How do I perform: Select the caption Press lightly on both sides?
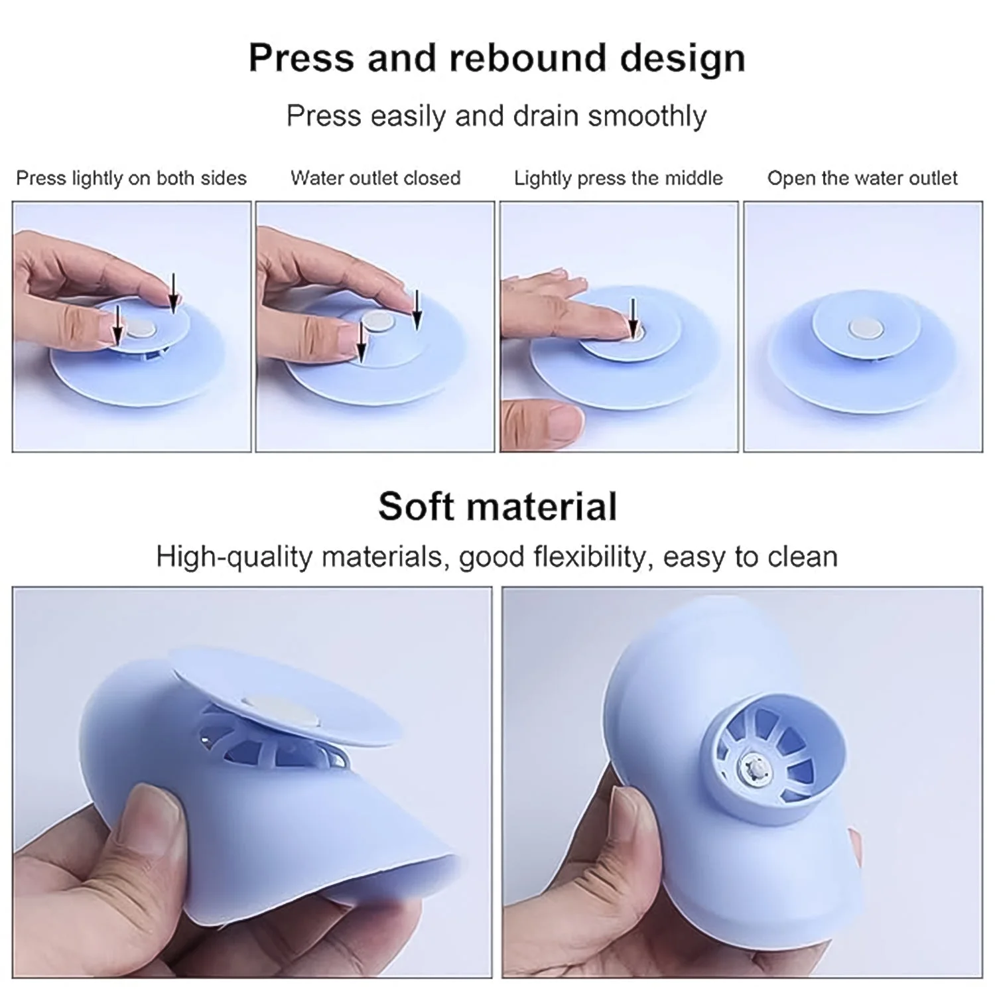[x=131, y=178]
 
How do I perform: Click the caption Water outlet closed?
[x=375, y=178]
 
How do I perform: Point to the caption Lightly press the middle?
[x=618, y=178]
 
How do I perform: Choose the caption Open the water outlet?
[x=862, y=178]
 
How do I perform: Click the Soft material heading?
[x=497, y=506]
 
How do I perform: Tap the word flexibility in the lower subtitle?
[x=590, y=557]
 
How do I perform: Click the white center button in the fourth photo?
[x=864, y=328]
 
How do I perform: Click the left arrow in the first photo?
[x=117, y=324]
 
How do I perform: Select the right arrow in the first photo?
[x=173, y=293]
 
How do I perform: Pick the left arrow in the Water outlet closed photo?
[x=361, y=342]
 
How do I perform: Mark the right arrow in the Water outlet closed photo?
[x=417, y=309]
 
